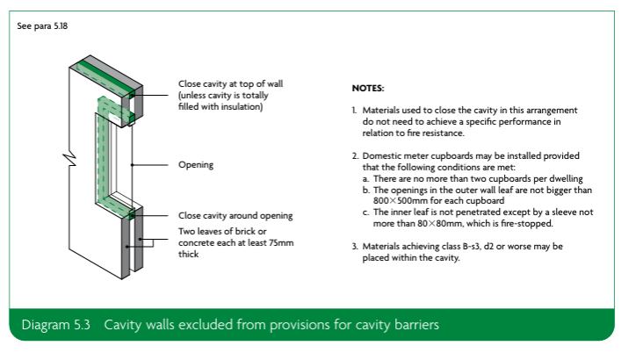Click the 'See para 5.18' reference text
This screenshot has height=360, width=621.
(x=42, y=26)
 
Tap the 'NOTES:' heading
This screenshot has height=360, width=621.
(x=368, y=88)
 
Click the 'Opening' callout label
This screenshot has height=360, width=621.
(x=196, y=165)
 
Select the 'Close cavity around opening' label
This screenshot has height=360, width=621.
(x=235, y=215)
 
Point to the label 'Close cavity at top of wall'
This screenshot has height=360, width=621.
(x=230, y=84)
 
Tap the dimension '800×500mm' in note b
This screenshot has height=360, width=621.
(x=400, y=201)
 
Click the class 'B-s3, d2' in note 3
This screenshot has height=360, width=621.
(x=478, y=247)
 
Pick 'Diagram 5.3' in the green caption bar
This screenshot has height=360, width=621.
(x=56, y=325)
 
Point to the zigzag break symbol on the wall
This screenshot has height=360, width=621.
(x=69, y=159)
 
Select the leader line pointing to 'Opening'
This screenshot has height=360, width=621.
(x=150, y=165)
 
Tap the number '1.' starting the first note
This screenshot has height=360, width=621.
(x=354, y=111)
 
